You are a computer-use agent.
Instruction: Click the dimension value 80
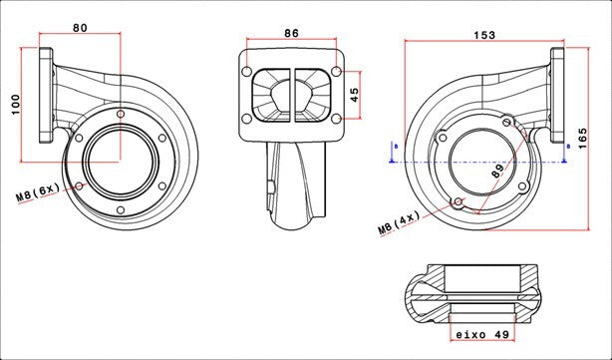click(79, 27)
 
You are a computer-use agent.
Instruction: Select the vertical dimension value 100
click(16, 106)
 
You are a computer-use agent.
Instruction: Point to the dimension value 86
click(291, 33)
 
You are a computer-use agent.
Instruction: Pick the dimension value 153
click(483, 35)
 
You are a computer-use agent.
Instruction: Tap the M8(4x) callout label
click(399, 226)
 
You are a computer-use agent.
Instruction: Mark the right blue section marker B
click(568, 147)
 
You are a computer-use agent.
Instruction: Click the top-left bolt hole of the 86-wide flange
click(247, 72)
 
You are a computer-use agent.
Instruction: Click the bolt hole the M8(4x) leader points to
click(459, 203)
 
